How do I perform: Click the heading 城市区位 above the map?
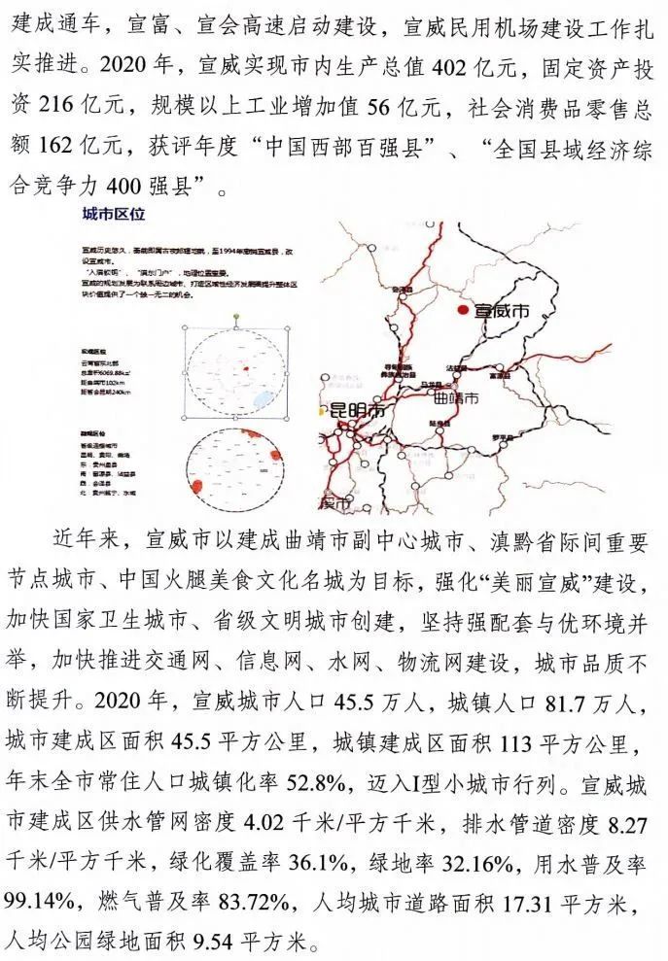pos(113,214)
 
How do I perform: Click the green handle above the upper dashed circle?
pos(237,318)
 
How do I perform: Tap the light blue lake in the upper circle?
pos(261,399)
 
